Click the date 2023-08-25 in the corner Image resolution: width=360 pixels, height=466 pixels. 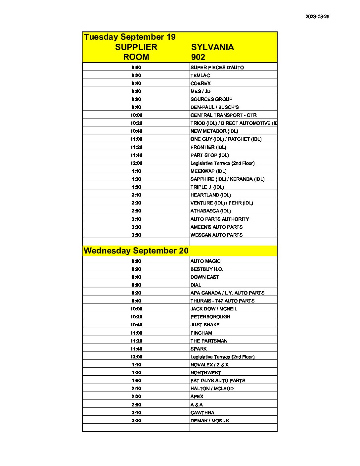[317, 17]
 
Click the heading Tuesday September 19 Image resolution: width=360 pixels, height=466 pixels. [129, 37]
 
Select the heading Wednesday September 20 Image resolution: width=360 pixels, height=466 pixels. [136, 251]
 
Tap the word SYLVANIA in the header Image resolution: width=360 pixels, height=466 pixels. [212, 47]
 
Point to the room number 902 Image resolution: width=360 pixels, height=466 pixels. [198, 57]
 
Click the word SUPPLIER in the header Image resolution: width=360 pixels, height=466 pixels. [136, 47]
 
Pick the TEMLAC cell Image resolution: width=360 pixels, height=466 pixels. [200, 75]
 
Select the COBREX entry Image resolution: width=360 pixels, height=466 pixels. [201, 83]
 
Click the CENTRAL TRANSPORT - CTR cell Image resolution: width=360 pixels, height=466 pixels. [223, 115]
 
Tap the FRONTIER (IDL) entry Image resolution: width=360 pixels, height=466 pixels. [208, 147]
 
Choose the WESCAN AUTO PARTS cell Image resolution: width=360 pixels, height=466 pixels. [216, 235]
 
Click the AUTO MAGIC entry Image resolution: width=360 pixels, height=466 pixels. [205, 261]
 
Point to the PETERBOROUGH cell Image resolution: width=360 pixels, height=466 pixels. [210, 317]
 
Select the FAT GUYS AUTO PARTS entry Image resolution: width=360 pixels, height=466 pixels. [218, 381]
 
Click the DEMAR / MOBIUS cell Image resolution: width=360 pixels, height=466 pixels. [209, 421]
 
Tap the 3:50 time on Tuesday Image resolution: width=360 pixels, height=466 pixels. [136, 235]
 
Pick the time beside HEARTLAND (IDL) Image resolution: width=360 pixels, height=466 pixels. [136, 195]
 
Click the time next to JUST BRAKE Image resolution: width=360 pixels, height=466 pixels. [136, 325]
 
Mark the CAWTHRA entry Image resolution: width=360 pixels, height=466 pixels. [202, 413]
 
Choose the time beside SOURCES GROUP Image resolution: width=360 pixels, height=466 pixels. [136, 99]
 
